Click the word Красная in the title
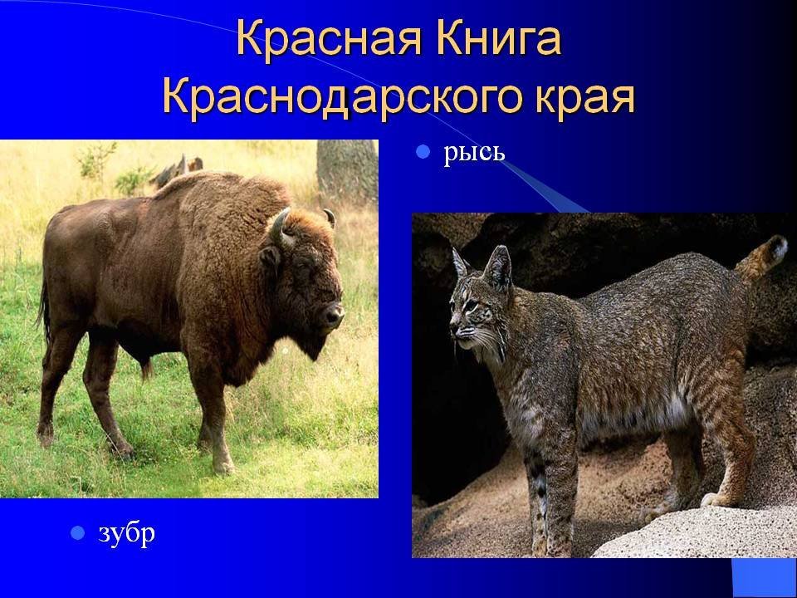coord(329,39)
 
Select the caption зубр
coord(126,534)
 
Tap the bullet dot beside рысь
coord(423,151)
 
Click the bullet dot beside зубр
coord(77,533)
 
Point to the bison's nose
coord(334,314)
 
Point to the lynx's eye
coord(472,306)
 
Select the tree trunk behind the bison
coord(348,170)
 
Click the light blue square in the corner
coord(764,579)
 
